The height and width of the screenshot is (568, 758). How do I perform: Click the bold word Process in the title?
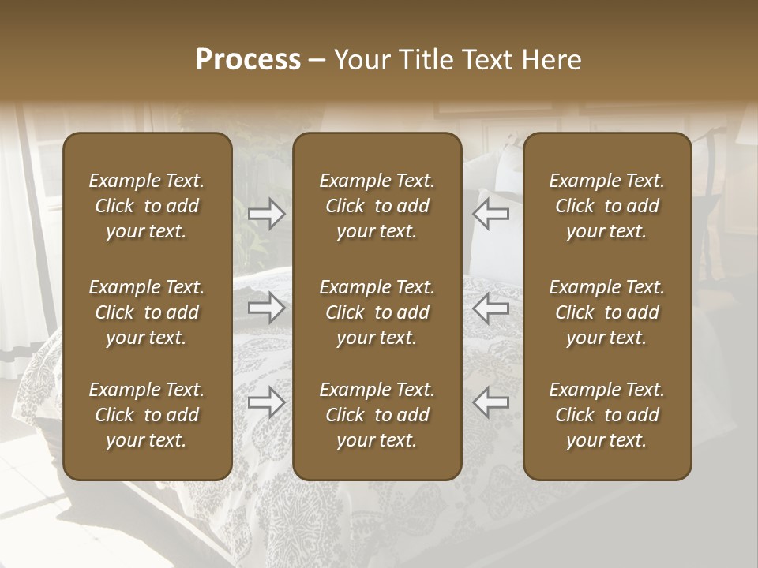[248, 60]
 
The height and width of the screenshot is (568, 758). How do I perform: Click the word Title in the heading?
[426, 60]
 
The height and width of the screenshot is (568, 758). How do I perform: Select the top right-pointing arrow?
[266, 214]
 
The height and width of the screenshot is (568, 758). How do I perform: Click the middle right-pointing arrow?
[266, 308]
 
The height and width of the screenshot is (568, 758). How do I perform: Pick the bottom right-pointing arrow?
[266, 402]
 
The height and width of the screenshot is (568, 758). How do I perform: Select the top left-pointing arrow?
[491, 214]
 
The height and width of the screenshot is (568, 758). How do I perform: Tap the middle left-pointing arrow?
[491, 308]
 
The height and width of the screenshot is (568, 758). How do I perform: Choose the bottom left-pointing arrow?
[491, 402]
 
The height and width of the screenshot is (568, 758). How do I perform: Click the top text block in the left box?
[147, 206]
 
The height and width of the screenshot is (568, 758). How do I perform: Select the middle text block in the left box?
[147, 312]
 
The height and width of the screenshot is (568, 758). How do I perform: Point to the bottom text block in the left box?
[147, 415]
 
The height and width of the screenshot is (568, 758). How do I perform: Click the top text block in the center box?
[377, 206]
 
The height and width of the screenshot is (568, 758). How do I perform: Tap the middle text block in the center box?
[377, 312]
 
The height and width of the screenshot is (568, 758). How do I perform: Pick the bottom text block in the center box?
[377, 415]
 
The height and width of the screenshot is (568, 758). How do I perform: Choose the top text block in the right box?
[606, 206]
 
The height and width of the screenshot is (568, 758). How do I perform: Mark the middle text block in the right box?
[606, 312]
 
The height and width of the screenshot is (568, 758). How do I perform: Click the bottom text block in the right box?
[606, 415]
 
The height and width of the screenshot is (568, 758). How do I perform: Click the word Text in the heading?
[489, 60]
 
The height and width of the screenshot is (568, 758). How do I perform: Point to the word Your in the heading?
[363, 60]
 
